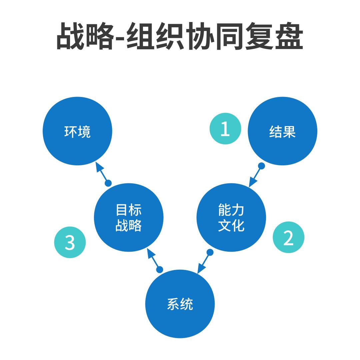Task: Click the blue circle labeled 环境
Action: point(77,131)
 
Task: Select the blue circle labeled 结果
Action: point(282,131)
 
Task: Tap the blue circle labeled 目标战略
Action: point(129,218)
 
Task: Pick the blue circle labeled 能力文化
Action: point(231,218)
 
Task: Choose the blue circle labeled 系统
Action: point(180,304)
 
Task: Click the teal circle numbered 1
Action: point(225,129)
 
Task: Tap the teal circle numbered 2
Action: point(288,237)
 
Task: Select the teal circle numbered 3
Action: point(70,242)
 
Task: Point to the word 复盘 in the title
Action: point(274,36)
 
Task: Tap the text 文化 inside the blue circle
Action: point(231,226)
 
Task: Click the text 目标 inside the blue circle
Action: point(129,210)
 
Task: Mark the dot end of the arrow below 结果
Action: point(261,166)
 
